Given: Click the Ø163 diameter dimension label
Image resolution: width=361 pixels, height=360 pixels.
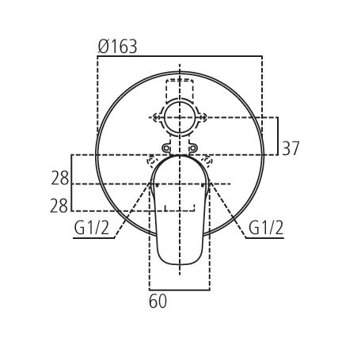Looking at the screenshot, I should (x=117, y=47).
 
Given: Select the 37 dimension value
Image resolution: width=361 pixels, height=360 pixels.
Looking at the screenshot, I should (x=291, y=148).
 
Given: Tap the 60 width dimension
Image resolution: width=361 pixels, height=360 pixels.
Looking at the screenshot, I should (x=158, y=301).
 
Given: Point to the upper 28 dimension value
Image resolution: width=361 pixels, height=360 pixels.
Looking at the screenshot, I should (x=59, y=178).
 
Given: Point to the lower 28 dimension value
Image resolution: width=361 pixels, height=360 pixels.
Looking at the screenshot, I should (x=59, y=206).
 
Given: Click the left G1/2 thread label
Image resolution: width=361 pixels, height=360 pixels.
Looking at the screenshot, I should (x=91, y=228).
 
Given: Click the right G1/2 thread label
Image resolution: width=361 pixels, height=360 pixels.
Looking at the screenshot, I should (x=266, y=228).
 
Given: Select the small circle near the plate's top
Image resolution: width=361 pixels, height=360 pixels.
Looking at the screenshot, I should (x=180, y=117).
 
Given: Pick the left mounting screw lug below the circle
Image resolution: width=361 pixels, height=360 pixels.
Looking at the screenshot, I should (x=166, y=148).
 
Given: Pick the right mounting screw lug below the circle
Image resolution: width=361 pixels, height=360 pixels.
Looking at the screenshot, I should (x=193, y=148).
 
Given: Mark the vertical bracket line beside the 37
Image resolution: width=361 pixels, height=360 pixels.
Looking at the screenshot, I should (x=277, y=136).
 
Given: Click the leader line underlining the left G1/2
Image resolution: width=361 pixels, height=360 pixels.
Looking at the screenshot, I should (x=93, y=237).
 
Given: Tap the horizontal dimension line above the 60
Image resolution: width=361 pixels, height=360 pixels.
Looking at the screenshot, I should (x=180, y=290).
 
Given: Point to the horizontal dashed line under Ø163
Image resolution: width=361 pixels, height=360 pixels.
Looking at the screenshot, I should (x=179, y=56).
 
